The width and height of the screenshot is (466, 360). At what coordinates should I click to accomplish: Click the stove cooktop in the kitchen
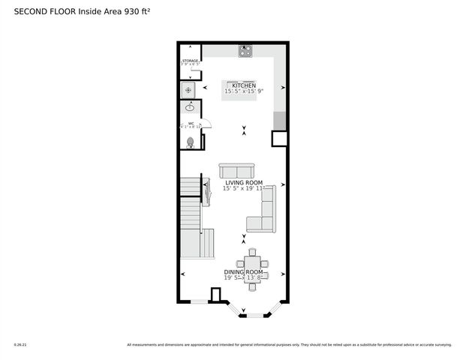pyautogui.click(x=245, y=51)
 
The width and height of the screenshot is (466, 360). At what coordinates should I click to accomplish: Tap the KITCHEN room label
pyautogui.click(x=244, y=86)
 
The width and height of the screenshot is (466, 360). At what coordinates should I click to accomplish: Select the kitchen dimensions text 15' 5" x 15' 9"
pyautogui.click(x=244, y=92)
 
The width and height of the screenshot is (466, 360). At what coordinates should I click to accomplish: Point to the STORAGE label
pyautogui.click(x=190, y=61)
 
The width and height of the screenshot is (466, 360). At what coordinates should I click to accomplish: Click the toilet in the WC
pyautogui.click(x=190, y=141)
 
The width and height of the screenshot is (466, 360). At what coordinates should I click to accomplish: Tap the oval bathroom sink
pyautogui.click(x=189, y=108)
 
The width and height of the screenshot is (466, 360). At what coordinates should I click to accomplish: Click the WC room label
pyautogui.click(x=191, y=123)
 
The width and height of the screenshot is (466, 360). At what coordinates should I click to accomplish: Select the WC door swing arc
pyautogui.click(x=208, y=123)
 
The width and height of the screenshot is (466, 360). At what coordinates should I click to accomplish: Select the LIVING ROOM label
pyautogui.click(x=243, y=183)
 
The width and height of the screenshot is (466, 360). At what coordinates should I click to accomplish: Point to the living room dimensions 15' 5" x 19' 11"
pyautogui.click(x=244, y=189)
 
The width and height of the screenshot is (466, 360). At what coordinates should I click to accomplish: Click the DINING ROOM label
pyautogui.click(x=243, y=272)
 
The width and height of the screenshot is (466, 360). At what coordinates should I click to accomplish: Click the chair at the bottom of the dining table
pyautogui.click(x=252, y=288)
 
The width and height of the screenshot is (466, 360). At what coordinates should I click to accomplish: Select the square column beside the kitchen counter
pyautogui.click(x=279, y=139)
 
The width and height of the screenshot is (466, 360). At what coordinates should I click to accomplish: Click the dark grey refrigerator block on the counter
pyautogui.click(x=279, y=120)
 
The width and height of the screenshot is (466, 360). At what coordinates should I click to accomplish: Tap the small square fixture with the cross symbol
pyautogui.click(x=189, y=90)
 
